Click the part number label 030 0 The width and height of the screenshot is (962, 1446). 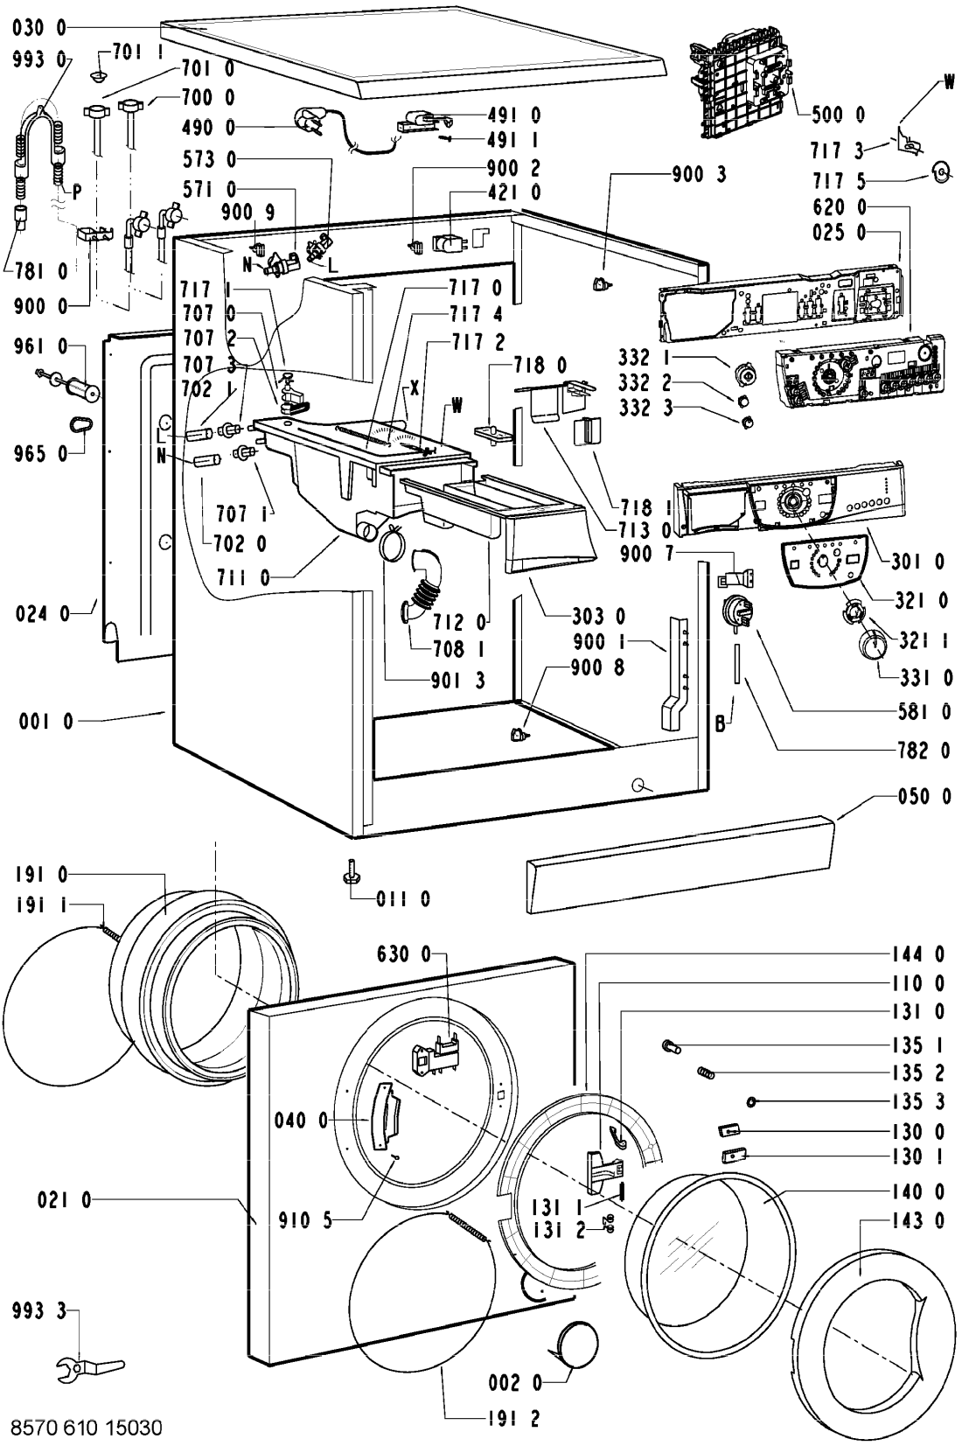tap(40, 29)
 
